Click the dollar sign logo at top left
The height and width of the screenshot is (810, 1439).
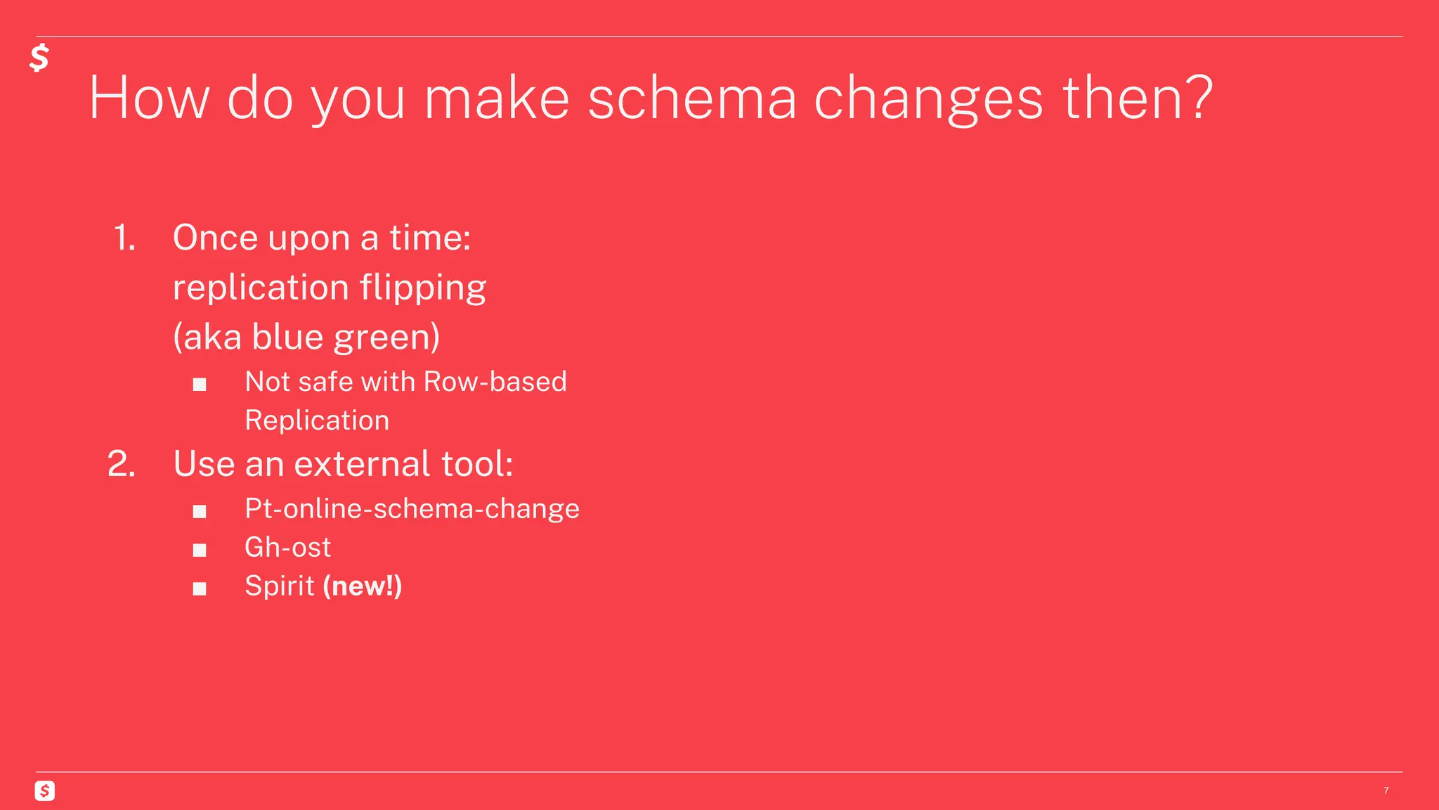point(39,58)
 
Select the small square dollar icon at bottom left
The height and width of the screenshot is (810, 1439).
point(44,791)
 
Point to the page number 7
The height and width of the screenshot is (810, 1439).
point(1386,791)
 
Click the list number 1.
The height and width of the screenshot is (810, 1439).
point(124,238)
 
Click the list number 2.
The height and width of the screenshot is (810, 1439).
point(122,464)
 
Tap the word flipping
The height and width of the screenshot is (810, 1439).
point(423,288)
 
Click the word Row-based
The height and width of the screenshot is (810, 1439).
point(495,382)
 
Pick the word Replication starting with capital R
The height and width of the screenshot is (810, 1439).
point(317,420)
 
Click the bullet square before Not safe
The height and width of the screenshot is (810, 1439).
point(200,385)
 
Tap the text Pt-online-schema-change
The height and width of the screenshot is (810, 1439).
point(412,508)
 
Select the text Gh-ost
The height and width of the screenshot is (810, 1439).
point(287,547)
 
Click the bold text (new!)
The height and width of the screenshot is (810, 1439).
point(362,586)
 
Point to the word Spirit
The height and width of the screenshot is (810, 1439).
point(279,586)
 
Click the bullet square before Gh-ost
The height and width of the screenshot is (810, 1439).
point(200,550)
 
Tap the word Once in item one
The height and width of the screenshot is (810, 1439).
point(216,238)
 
